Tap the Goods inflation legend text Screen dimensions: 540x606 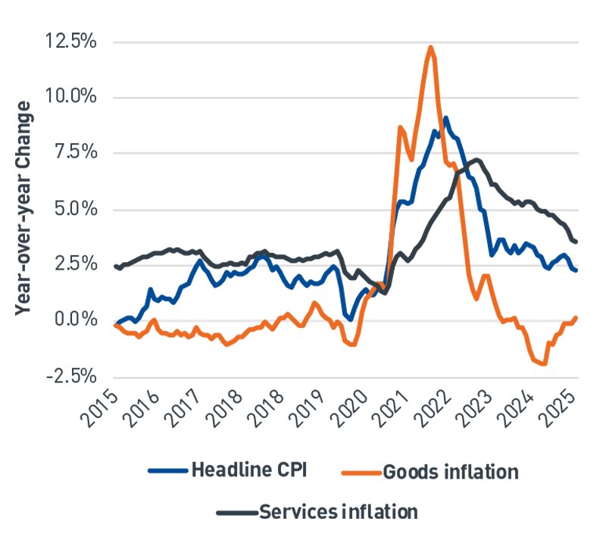click(451, 472)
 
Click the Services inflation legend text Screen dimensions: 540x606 click(338, 512)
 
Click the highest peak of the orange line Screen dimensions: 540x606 click(430, 47)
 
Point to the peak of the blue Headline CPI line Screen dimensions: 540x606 click(445, 117)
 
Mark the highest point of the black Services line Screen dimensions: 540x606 click(476, 159)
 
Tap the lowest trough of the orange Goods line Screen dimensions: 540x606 click(544, 364)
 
